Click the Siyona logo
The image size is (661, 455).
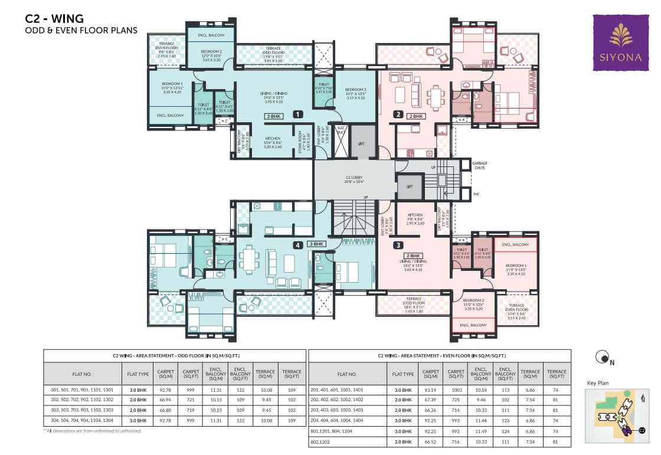tap(620, 42)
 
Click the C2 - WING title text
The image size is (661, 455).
tap(51, 18)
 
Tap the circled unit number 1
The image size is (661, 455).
tap(299, 114)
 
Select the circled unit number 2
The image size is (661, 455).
tap(398, 114)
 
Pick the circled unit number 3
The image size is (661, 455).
tap(398, 245)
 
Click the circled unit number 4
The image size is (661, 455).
tap(299, 244)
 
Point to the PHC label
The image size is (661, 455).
tap(476, 192)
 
